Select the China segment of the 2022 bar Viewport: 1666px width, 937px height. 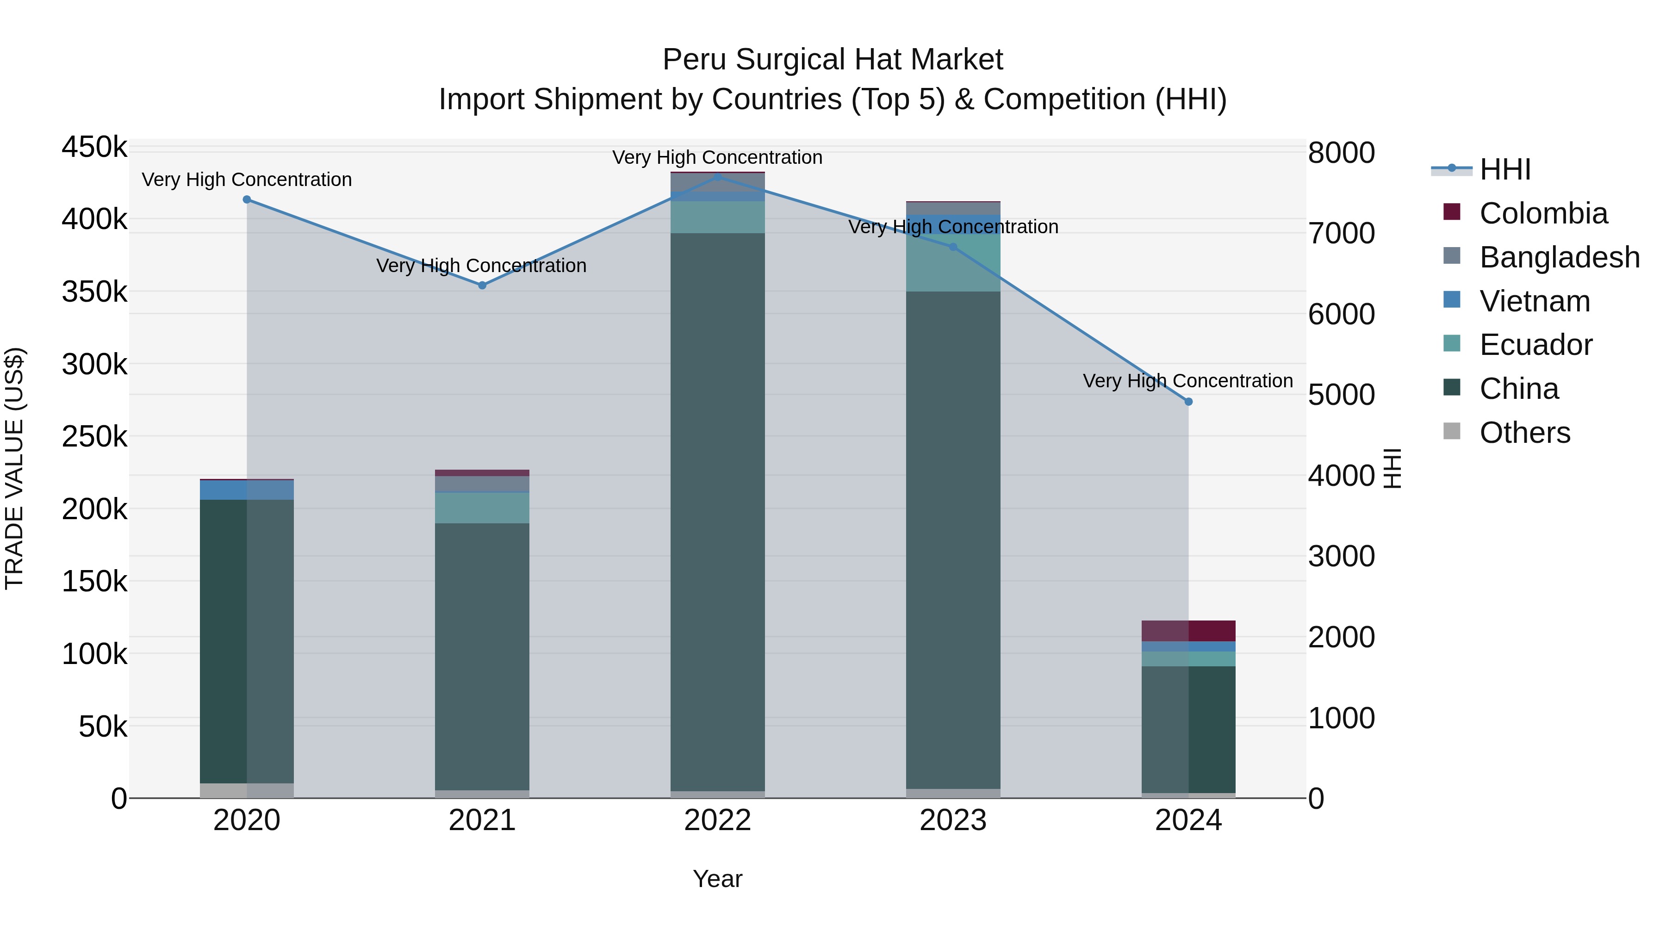[x=717, y=511]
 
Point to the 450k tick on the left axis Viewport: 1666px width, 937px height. [x=94, y=148]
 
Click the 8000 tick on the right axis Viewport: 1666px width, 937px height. [x=1341, y=153]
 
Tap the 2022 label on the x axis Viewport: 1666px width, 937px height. [x=717, y=820]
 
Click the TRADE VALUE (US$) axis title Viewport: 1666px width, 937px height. [x=14, y=468]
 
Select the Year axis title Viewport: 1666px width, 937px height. [x=717, y=879]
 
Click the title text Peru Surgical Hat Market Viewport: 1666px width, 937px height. [x=833, y=60]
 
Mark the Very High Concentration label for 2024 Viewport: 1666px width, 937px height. [x=1187, y=381]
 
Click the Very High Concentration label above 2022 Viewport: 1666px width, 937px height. [x=717, y=157]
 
